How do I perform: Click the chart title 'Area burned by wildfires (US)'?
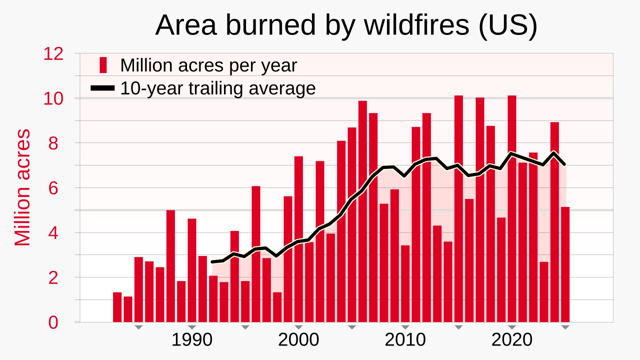(346, 25)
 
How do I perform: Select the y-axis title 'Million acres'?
(22, 187)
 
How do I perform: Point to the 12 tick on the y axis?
(53, 53)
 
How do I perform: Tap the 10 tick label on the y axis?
(53, 98)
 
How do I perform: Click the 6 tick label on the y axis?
(53, 188)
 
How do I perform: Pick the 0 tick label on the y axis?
(53, 323)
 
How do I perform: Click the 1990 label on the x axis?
(191, 340)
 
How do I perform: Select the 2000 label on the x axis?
(298, 340)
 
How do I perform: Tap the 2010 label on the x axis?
(405, 340)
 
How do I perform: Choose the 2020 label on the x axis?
(511, 340)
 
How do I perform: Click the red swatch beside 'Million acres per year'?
(103, 65)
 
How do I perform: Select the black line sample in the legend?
(102, 88)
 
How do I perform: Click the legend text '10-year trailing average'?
(218, 88)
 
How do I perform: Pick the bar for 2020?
(512, 209)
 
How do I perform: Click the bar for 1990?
(192, 270)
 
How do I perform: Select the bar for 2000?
(298, 239)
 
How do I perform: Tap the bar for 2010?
(405, 283)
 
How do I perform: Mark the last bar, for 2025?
(565, 264)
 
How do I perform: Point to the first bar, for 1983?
(117, 307)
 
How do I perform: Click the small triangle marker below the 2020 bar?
(512, 327)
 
